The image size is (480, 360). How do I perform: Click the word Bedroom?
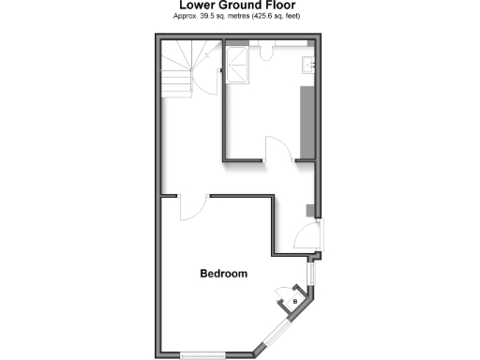tap(223, 274)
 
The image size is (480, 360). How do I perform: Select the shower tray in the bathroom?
tap(237, 64)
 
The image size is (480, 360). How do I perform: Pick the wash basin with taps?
tap(307, 64)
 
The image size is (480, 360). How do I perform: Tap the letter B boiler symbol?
tap(295, 301)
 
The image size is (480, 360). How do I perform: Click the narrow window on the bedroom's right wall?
tap(312, 274)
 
